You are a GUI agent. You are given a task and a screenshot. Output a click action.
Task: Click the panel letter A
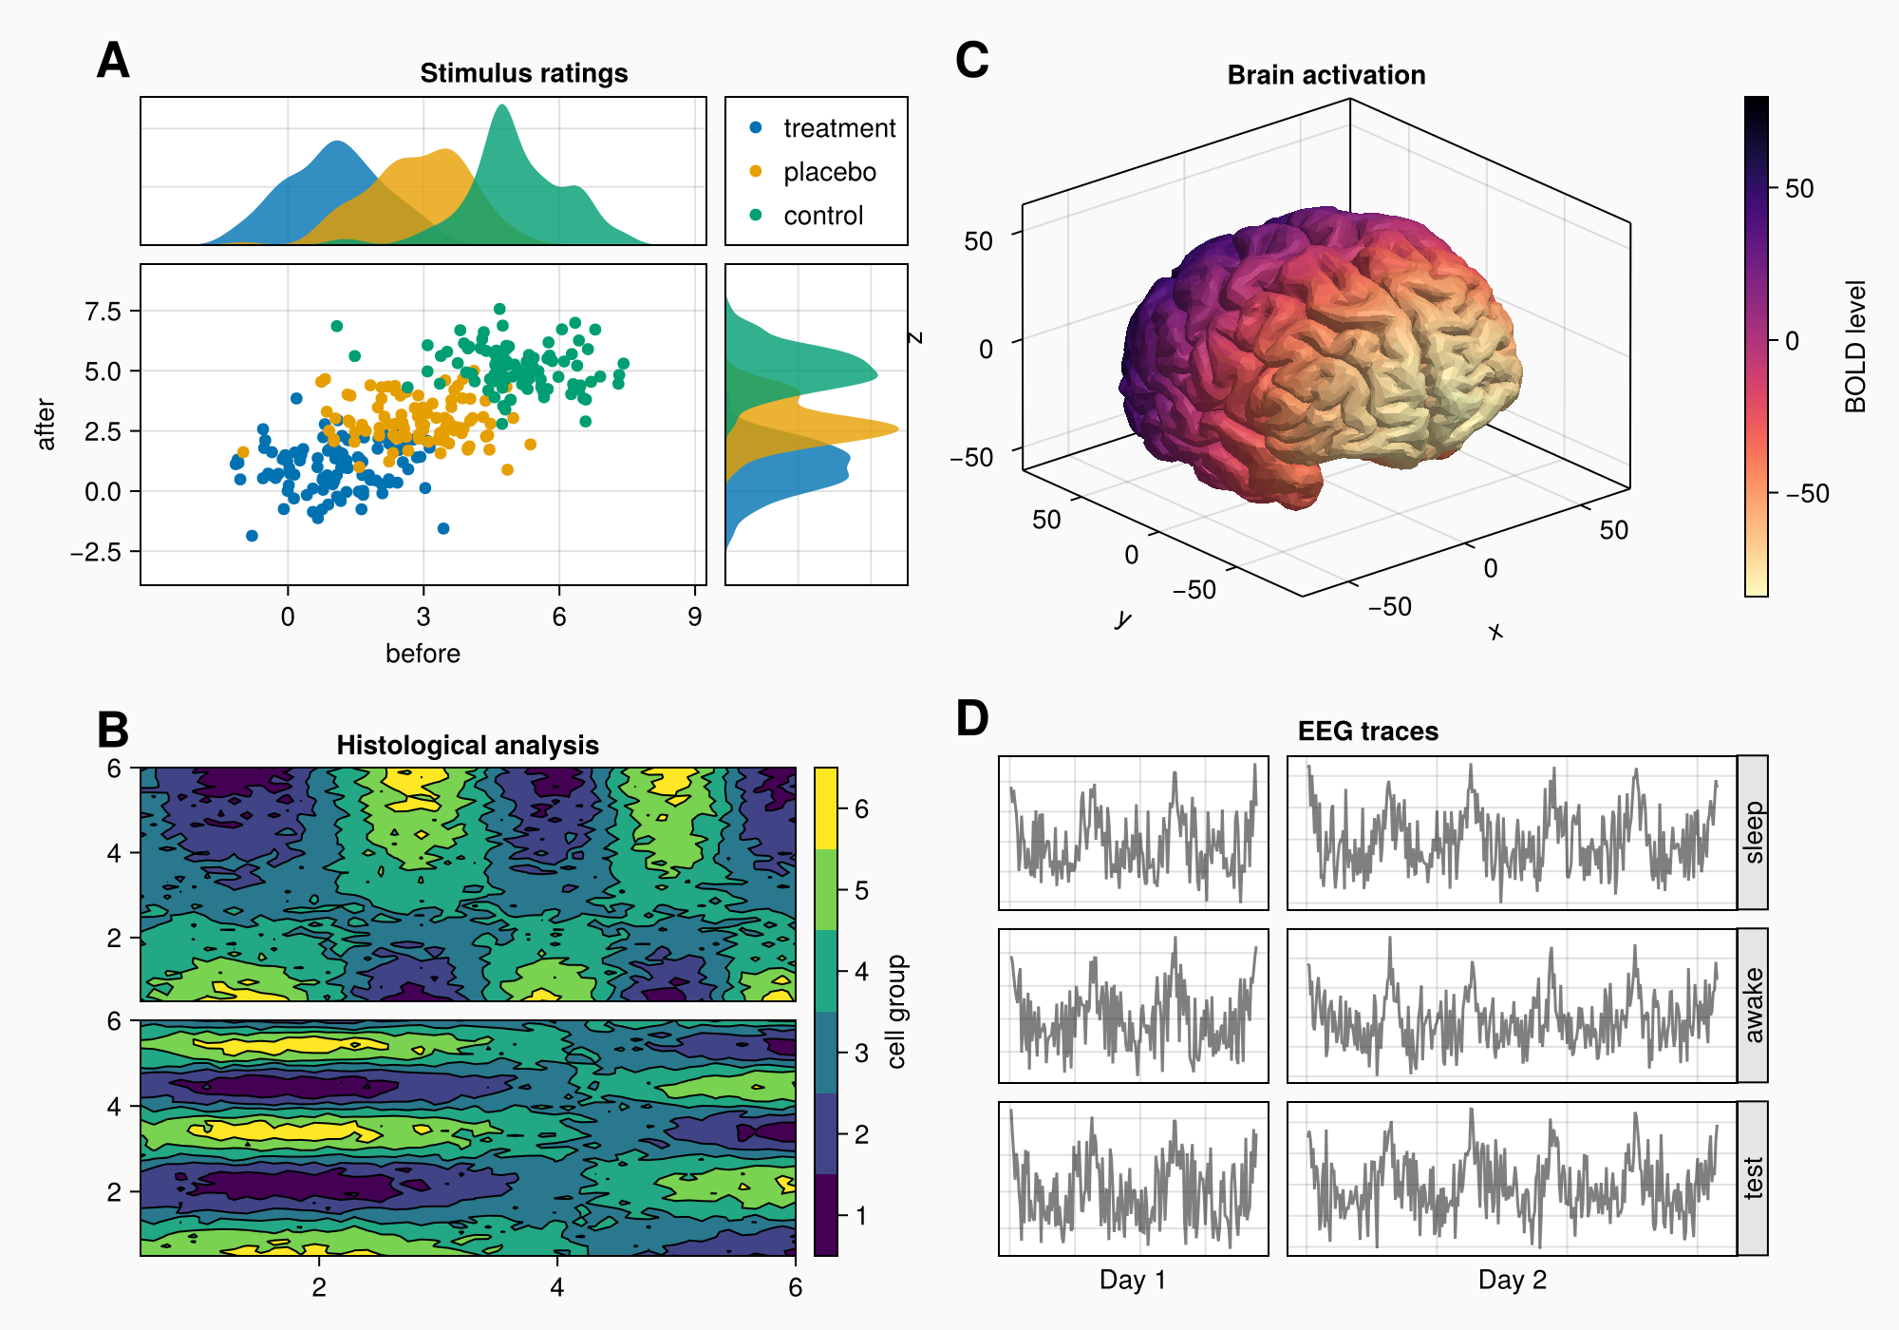coord(113,61)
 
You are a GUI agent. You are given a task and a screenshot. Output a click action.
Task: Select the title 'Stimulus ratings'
coord(523,73)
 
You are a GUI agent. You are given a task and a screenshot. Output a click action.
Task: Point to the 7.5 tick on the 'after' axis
coord(103,312)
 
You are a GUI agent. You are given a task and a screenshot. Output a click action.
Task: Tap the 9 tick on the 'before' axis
coord(695,617)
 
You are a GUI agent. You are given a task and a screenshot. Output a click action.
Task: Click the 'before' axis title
coord(423,654)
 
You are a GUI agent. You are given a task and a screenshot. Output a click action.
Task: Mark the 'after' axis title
coord(46,424)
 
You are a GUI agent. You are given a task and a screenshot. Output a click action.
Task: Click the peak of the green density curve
coord(502,105)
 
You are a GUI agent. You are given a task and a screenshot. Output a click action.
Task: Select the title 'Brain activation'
coord(1326,75)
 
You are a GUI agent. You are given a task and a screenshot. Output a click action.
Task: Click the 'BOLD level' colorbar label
coord(1855,347)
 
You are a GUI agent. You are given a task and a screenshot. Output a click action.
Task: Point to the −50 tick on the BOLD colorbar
coord(1807,494)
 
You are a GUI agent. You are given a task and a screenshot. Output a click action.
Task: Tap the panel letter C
coord(972,61)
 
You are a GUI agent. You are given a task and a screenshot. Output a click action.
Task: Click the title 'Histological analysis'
coord(467,746)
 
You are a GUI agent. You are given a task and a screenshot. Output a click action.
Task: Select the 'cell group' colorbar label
coord(896,1012)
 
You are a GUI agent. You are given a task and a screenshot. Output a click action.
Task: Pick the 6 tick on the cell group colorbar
coord(861,809)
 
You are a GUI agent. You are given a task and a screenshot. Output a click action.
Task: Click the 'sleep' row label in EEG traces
coord(1753,832)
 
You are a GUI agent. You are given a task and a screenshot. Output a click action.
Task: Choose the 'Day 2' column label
coord(1512,1280)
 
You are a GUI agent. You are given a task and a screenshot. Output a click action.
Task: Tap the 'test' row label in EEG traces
coord(1753,1178)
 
